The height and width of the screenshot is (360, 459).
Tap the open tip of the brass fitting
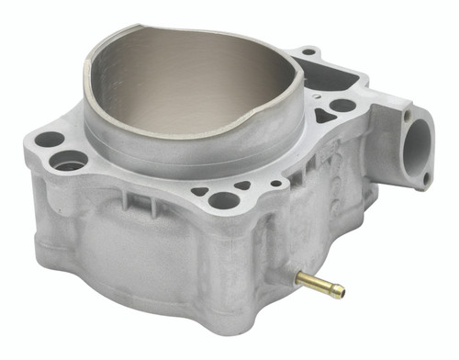pyautogui.click(x=341, y=292)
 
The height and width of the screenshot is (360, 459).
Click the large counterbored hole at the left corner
pyautogui.click(x=68, y=162)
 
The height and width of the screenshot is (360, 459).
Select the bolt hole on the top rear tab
pyautogui.click(x=309, y=51)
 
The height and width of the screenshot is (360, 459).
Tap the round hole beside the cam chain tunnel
pyautogui.click(x=342, y=106)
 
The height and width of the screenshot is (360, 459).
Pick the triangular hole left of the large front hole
pyautogui.click(x=199, y=192)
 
